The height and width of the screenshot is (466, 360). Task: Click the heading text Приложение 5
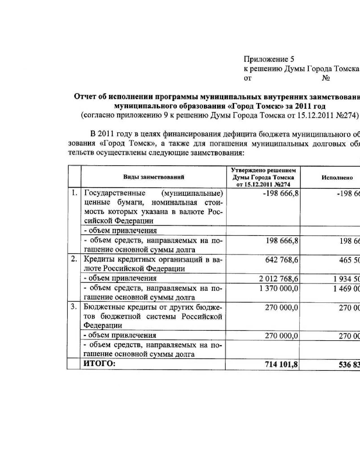tap(269, 59)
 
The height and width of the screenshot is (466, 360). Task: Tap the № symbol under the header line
tap(326, 78)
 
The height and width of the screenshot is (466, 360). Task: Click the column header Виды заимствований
tap(154, 177)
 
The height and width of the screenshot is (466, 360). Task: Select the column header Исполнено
tap(337, 178)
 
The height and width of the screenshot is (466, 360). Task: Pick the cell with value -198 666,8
tap(280, 193)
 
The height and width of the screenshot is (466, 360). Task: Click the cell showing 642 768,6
tap(282, 260)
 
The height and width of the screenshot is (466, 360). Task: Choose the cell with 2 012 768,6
tap(278, 279)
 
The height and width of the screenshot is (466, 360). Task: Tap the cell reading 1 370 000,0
tap(279, 288)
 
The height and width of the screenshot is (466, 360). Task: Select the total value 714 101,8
tap(281, 364)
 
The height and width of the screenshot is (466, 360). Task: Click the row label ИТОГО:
tap(99, 363)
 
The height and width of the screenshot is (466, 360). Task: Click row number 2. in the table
tap(74, 259)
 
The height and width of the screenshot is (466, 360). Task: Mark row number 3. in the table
tap(74, 307)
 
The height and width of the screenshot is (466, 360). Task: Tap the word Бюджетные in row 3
tap(101, 307)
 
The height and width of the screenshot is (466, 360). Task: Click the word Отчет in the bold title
tap(84, 97)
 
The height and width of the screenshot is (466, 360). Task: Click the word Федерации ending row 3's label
tap(103, 326)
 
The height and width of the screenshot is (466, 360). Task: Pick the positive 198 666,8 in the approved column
tap(282, 241)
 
